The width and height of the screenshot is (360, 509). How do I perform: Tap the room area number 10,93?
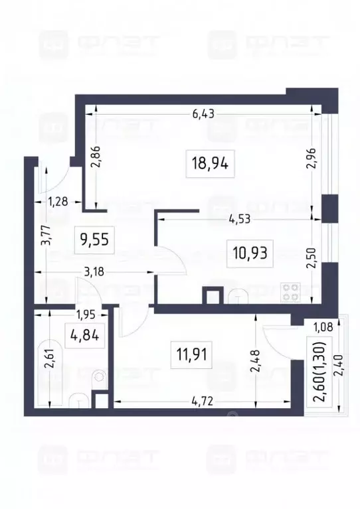coord(250,252)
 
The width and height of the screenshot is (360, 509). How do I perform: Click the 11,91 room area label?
coord(193,354)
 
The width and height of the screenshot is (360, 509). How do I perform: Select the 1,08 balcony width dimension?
coord(322,325)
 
